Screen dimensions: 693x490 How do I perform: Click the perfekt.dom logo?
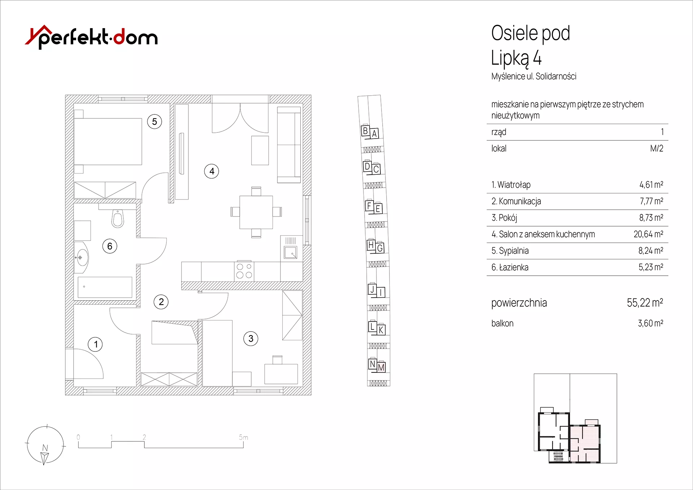click(91, 37)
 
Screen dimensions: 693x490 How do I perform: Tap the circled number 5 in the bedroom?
click(154, 122)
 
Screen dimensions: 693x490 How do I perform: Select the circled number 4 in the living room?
click(212, 171)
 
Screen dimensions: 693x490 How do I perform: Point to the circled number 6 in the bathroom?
click(110, 246)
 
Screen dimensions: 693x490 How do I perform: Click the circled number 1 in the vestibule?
click(95, 344)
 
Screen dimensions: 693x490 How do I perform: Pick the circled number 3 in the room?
click(251, 338)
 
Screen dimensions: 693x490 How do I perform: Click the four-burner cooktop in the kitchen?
click(244, 271)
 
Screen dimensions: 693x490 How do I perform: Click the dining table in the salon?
click(256, 212)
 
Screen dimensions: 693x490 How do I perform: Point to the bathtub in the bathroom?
click(105, 287)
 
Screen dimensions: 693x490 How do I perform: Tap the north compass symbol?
click(45, 445)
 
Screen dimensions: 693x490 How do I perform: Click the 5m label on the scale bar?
click(243, 437)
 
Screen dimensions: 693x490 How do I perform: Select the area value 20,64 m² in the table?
click(648, 234)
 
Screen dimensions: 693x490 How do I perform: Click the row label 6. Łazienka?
click(510, 267)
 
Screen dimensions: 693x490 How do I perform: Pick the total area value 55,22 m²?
click(645, 302)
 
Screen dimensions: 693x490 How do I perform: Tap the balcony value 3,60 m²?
click(650, 323)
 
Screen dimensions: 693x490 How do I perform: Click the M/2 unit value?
click(657, 148)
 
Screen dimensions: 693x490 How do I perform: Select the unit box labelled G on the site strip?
click(380, 248)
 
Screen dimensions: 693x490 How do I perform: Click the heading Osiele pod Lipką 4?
click(531, 45)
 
